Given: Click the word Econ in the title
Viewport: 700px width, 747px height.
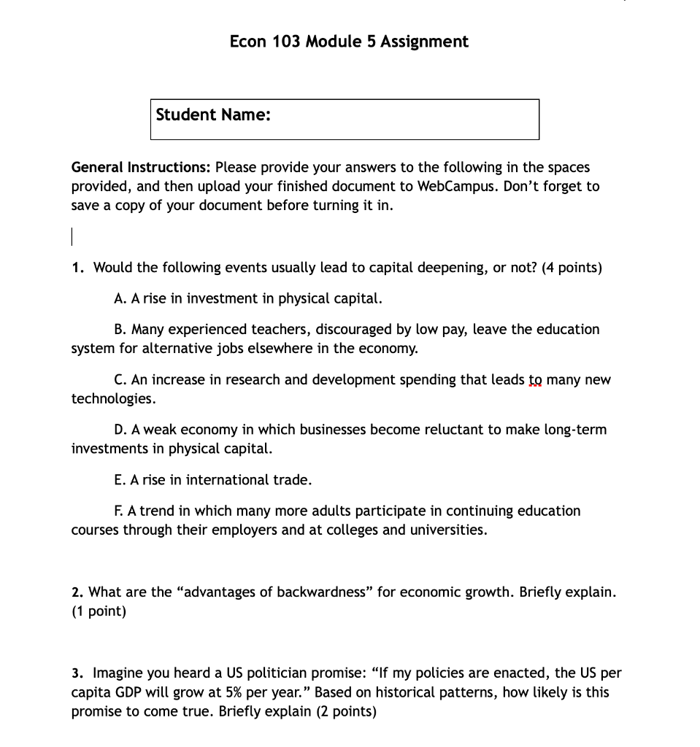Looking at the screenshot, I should (248, 42).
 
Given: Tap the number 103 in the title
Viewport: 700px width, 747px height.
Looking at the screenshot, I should (286, 42).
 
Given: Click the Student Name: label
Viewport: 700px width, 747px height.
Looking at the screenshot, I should (213, 115).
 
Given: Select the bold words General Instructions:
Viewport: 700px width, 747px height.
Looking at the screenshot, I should (141, 167).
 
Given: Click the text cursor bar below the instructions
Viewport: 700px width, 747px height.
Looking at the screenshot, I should (72, 236).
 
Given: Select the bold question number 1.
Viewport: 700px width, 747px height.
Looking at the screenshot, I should (77, 268).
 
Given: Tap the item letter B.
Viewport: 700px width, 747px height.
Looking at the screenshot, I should (120, 330).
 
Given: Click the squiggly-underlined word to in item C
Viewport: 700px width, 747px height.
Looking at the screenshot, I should (536, 380).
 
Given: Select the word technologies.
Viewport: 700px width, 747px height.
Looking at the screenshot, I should (113, 399).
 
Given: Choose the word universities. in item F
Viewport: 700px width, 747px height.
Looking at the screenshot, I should (452, 530).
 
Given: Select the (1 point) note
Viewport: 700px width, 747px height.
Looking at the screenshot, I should (99, 611).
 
